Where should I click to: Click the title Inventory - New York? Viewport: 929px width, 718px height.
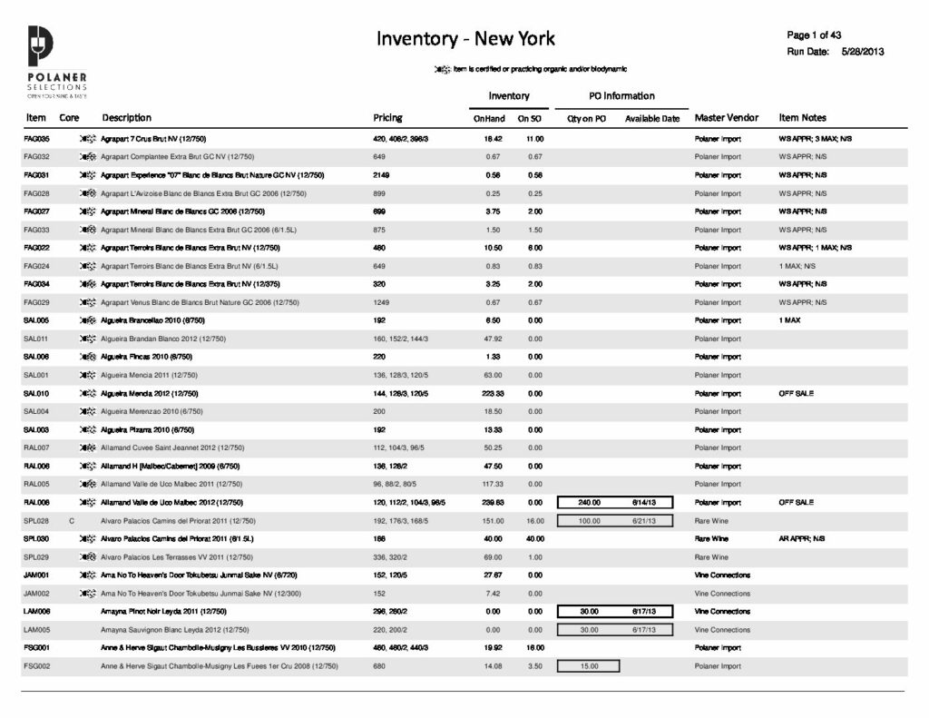click(x=465, y=39)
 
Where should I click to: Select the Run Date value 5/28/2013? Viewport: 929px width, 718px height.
click(x=862, y=52)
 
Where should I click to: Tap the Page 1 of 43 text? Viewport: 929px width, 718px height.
click(x=815, y=35)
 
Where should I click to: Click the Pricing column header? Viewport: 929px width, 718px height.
click(x=387, y=118)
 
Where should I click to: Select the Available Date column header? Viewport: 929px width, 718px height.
click(x=651, y=119)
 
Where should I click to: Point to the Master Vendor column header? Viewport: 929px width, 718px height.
click(x=726, y=118)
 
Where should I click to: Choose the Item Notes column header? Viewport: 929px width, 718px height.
click(x=802, y=118)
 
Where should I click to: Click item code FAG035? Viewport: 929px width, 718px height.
click(x=36, y=139)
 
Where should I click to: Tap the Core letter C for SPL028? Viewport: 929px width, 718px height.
click(x=71, y=521)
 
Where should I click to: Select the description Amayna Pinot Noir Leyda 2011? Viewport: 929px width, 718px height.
click(x=163, y=612)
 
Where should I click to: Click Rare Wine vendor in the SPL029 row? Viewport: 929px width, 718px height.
click(x=711, y=556)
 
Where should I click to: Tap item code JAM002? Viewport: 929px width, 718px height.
click(x=36, y=593)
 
